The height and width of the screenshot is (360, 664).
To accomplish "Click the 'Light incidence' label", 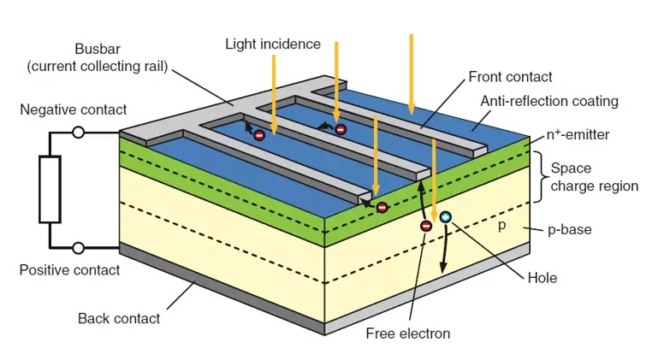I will click(272, 44).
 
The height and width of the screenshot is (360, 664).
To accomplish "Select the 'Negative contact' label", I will click(74, 109).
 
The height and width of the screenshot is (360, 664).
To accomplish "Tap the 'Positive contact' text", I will click(69, 270).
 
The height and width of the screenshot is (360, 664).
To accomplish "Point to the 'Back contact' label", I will click(119, 318).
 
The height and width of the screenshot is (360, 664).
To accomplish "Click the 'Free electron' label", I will click(407, 333).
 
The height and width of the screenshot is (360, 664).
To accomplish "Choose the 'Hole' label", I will click(542, 278).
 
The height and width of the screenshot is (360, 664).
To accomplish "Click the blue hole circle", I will click(445, 217).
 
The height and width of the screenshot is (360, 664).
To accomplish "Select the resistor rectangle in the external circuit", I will click(49, 190).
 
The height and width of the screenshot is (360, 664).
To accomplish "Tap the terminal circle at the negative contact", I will click(78, 133).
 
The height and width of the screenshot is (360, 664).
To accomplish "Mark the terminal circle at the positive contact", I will click(78, 248).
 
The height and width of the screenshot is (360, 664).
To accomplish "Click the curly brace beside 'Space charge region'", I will click(539, 177).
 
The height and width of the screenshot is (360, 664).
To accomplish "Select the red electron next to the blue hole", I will click(425, 226).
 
